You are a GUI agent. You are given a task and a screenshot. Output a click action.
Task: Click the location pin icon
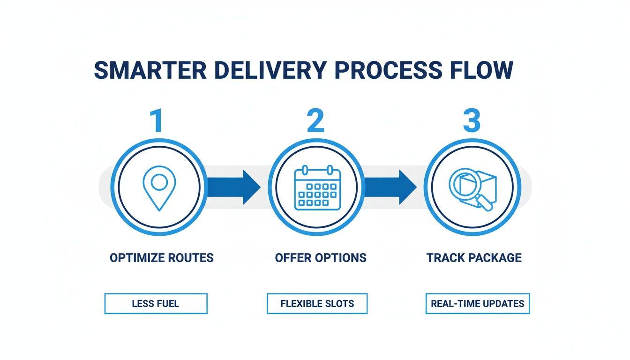(159, 187)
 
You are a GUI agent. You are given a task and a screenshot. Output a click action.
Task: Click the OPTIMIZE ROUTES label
(161, 258)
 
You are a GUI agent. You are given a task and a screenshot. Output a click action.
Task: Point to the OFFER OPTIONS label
(321, 258)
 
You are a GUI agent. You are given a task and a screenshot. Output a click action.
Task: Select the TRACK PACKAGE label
(474, 258)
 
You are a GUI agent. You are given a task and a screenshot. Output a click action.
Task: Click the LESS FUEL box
(156, 303)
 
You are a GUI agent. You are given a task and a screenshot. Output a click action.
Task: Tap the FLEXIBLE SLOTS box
(317, 303)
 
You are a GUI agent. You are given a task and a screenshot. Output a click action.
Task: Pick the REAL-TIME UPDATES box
(477, 303)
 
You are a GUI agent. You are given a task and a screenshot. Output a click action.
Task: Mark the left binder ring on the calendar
(304, 169)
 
